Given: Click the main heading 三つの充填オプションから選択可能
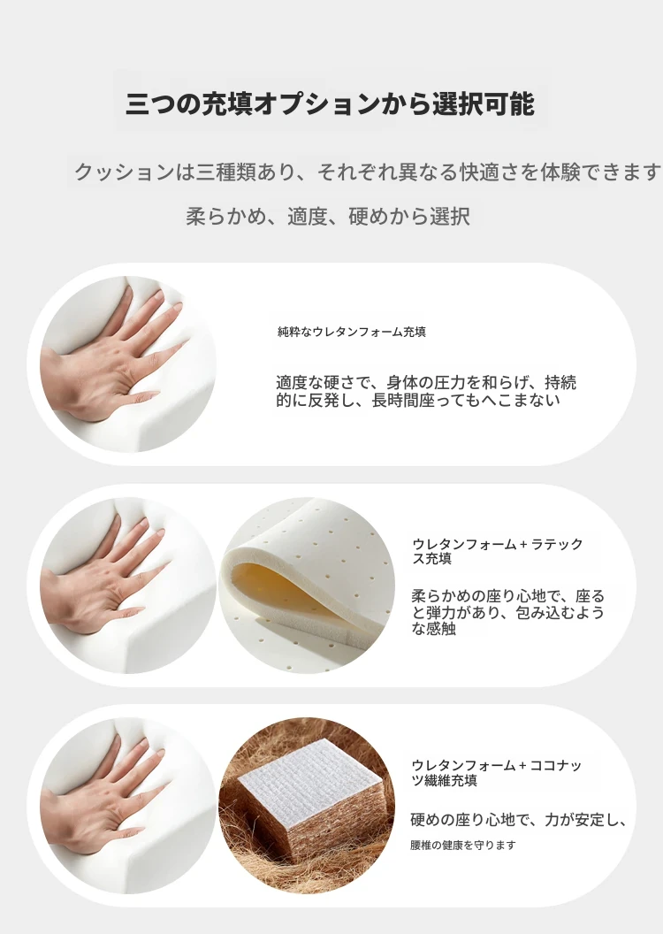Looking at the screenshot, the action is pyautogui.click(x=330, y=103).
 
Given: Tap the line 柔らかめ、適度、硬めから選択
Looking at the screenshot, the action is pyautogui.click(x=329, y=216).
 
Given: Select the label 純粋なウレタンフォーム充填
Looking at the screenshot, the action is pyautogui.click(x=351, y=332).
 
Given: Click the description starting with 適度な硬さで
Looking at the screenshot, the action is pyautogui.click(x=425, y=391).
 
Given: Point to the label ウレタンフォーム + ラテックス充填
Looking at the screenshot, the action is pyautogui.click(x=498, y=551).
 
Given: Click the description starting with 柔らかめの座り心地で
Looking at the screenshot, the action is pyautogui.click(x=507, y=612).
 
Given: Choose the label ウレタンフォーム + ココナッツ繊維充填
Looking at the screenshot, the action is pyautogui.click(x=496, y=772).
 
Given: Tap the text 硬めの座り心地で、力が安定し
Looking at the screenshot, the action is pyautogui.click(x=518, y=820).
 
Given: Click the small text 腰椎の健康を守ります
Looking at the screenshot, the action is pyautogui.click(x=463, y=845).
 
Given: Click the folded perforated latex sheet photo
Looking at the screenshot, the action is pyautogui.click(x=307, y=585).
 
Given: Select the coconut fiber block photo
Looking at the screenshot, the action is pyautogui.click(x=307, y=806).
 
